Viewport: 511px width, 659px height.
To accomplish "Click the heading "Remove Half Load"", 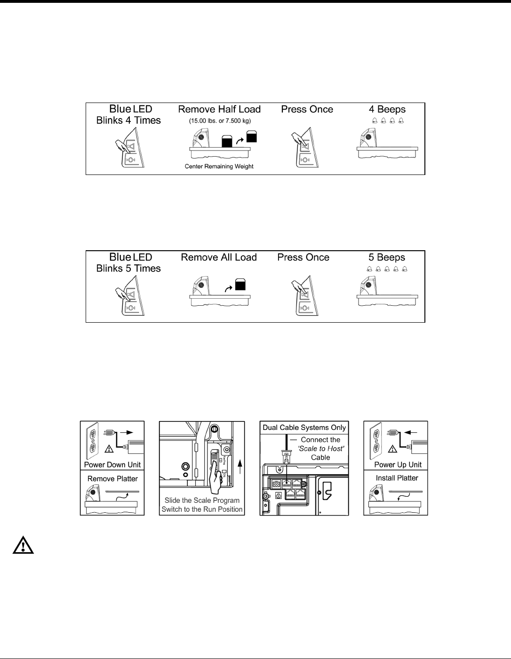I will pos(219,110).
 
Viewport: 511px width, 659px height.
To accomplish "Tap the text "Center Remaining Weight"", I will pos(219,167).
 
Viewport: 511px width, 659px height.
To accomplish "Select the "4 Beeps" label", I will pos(387,110).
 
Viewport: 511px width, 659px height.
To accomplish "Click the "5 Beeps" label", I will pos(386,258).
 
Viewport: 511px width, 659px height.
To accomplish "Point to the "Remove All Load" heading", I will pos(219,258).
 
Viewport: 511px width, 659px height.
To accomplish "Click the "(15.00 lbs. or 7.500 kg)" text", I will pos(220,121).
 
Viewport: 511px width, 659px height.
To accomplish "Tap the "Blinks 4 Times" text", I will pos(128,121).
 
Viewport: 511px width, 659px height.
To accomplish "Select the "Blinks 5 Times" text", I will pos(128,269).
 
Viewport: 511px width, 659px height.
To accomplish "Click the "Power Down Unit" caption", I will pos(112,465).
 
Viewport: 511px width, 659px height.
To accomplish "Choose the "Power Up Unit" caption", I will pos(398,465).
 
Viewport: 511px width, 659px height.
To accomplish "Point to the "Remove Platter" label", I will pos(112,479).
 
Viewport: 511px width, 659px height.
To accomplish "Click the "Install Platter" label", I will pos(397,478).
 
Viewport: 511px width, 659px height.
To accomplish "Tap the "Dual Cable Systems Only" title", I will pos(304,428).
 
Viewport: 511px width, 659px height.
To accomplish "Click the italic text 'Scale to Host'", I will pos(321,449).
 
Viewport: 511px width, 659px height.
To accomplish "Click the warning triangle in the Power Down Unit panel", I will pos(109,449).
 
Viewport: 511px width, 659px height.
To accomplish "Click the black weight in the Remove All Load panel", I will pos(240,285).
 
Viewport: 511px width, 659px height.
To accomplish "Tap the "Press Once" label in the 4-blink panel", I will pos(307,110).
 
